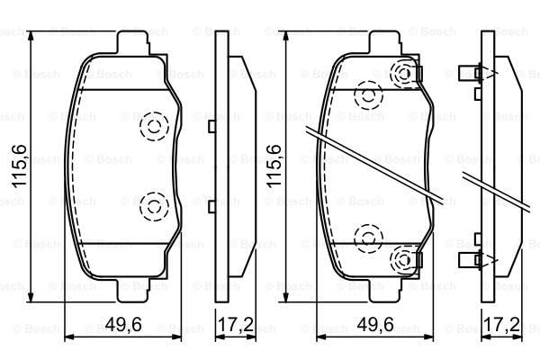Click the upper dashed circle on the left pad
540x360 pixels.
click(155, 126)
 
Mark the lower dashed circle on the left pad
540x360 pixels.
click(155, 208)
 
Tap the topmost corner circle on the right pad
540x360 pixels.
click(406, 74)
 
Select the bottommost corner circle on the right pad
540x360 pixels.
click(406, 260)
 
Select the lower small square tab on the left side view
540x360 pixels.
click(210, 207)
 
